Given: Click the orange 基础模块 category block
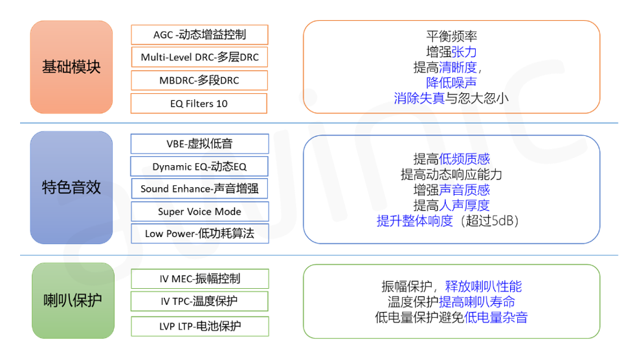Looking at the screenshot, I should (x=72, y=67).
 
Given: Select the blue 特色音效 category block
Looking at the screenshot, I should (x=72, y=187).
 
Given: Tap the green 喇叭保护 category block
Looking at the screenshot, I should (x=72, y=300).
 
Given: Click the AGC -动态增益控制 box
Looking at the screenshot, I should (x=199, y=35).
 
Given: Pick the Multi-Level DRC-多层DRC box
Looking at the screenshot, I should (x=199, y=58).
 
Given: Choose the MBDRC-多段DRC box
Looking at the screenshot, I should (x=199, y=80).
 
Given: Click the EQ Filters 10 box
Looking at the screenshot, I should (x=199, y=104).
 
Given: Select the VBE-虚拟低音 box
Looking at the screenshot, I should (x=199, y=144).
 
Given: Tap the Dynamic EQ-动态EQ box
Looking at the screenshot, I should (x=199, y=166).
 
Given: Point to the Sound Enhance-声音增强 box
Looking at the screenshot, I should (x=199, y=189).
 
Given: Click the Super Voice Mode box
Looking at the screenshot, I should (x=199, y=212).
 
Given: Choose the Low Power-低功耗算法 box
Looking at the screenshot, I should (x=199, y=234).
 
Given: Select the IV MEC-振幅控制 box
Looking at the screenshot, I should (x=199, y=278).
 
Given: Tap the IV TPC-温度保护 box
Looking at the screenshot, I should (x=199, y=301).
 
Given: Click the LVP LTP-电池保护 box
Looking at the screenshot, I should (x=199, y=326).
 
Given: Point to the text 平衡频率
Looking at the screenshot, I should (x=451, y=37).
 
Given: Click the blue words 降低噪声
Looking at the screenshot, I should (x=451, y=83).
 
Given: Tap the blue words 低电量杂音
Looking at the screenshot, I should (x=496, y=317).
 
